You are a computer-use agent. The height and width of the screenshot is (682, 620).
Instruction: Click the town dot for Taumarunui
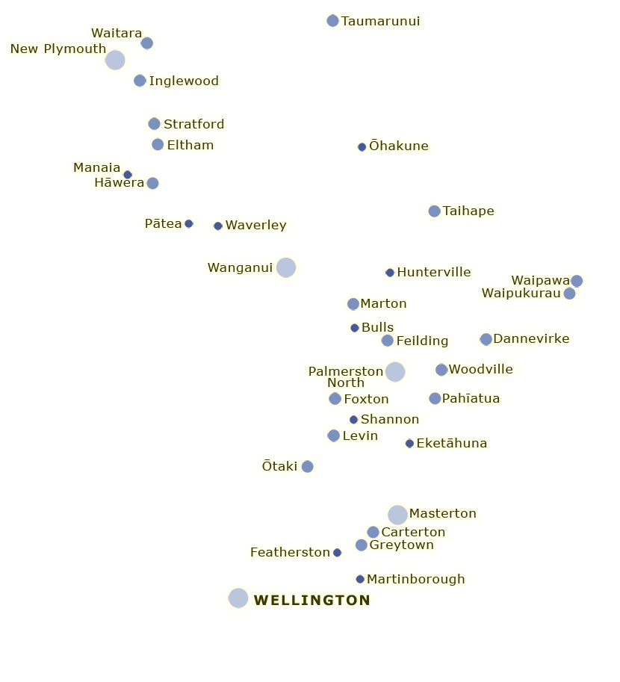(332, 20)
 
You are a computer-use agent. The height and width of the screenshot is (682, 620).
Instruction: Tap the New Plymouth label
(58, 49)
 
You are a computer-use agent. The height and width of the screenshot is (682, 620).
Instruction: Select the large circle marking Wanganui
(286, 267)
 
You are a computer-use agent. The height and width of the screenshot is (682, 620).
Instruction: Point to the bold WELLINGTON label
(312, 601)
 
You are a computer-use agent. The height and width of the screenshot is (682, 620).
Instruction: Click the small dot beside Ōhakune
(362, 147)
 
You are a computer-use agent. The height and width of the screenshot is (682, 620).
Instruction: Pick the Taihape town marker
(434, 211)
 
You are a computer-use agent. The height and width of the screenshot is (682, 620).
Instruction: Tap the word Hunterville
(434, 273)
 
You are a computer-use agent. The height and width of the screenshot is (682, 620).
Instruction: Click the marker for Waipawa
(577, 281)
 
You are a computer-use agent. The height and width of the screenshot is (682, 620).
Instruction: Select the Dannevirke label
(531, 339)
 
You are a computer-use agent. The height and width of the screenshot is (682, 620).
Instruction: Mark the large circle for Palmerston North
(395, 372)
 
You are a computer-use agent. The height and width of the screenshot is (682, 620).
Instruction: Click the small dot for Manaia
(128, 175)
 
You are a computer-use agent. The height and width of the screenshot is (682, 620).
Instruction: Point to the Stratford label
(194, 125)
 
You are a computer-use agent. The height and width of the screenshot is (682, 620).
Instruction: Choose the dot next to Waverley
(218, 226)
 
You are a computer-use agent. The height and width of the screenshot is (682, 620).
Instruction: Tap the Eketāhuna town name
(452, 443)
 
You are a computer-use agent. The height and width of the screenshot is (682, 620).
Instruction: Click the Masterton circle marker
(397, 515)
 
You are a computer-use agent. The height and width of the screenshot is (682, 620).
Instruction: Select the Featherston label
(290, 552)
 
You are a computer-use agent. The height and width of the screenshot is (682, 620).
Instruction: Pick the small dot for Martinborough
(360, 580)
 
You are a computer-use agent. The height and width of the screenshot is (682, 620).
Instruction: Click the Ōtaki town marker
(307, 466)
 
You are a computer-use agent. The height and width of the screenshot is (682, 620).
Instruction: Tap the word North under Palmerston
(346, 382)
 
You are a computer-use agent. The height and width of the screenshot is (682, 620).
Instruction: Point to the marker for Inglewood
(140, 81)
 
